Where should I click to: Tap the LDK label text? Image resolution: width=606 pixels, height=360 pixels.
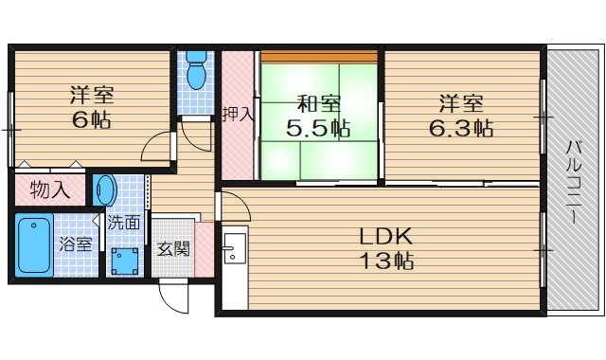(x=383, y=236)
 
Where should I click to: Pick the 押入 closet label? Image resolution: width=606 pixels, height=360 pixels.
(x=238, y=116)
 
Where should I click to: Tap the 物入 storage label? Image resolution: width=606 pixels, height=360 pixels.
(x=50, y=189)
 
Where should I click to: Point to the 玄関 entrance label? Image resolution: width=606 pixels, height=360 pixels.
(x=172, y=249)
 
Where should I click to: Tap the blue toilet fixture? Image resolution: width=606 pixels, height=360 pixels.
(x=197, y=73)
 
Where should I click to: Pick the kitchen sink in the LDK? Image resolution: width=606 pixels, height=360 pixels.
(x=232, y=253)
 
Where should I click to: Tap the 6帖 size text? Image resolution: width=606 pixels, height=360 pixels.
(x=91, y=120)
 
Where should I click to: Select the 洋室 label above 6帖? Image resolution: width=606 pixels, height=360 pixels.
(x=91, y=96)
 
